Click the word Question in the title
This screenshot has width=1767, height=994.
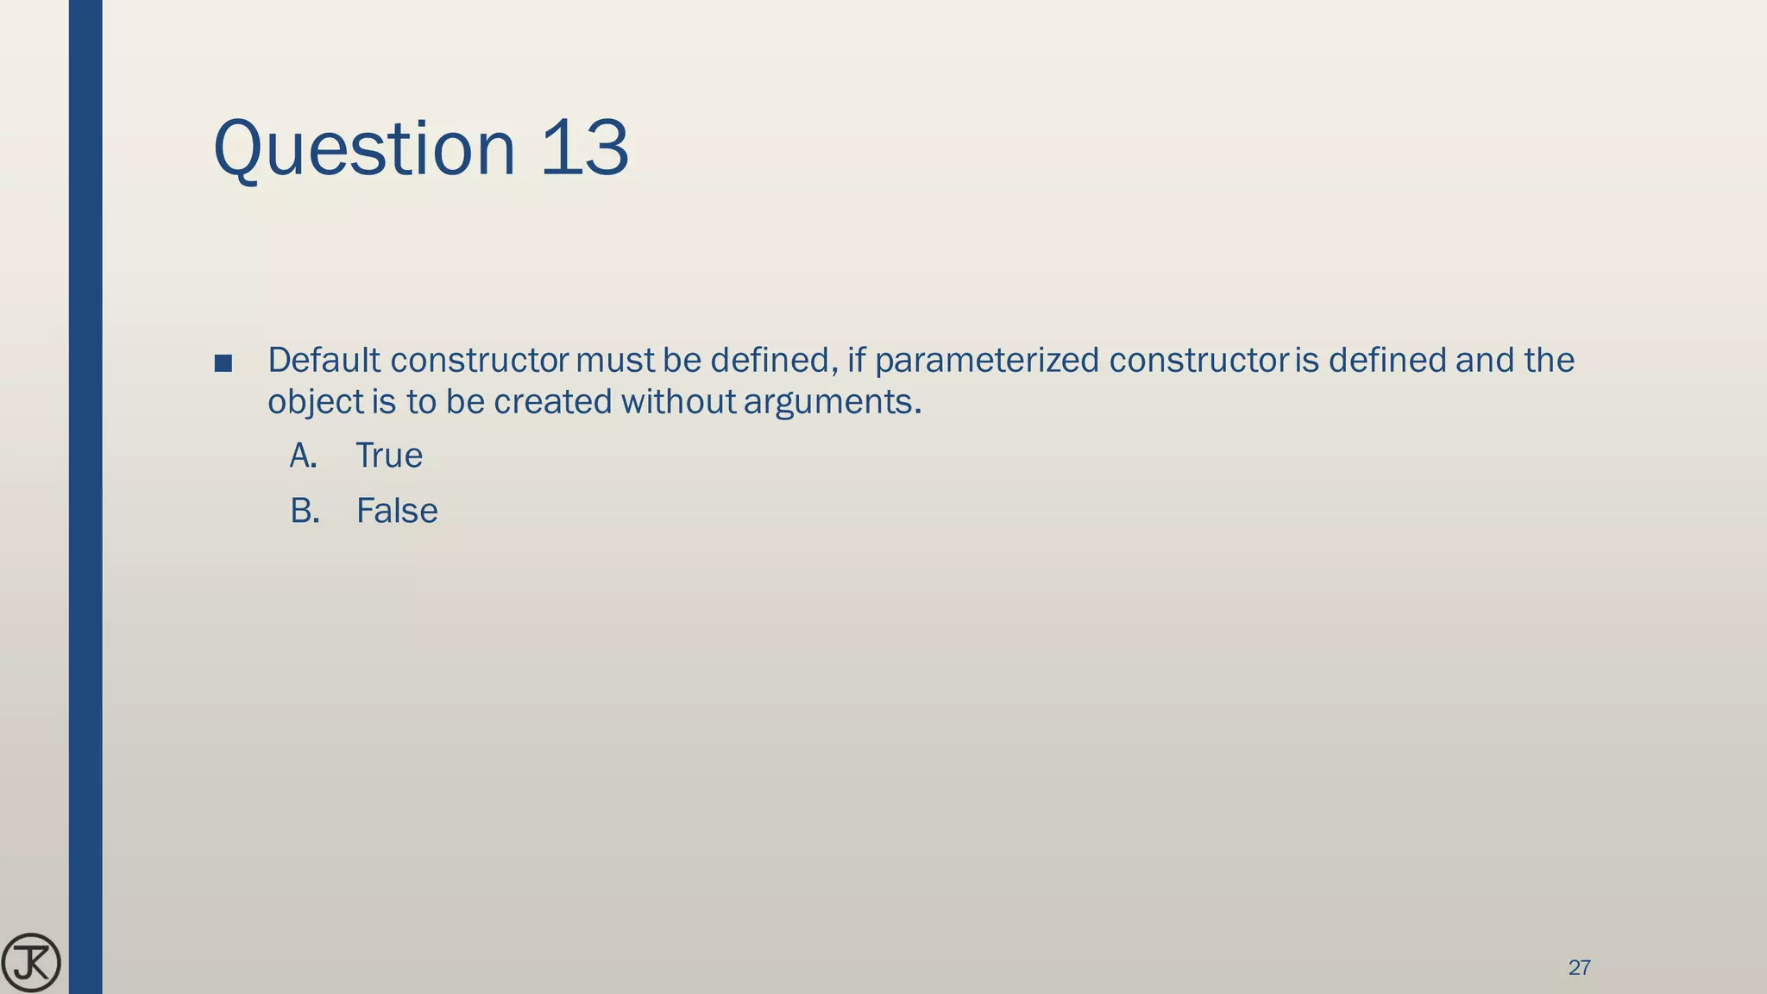coord(363,148)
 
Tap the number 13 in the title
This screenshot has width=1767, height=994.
coord(584,148)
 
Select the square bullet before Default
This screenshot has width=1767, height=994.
coord(223,363)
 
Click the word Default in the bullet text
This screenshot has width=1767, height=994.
coord(324,361)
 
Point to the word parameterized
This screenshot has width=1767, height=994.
coord(986,361)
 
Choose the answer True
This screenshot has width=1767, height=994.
coord(389,456)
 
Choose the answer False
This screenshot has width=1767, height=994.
coord(397,511)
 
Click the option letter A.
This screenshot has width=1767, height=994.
coord(303,456)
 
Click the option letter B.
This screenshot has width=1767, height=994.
coord(304,511)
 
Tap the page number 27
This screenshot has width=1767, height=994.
coord(1579,968)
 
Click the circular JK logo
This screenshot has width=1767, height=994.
coord(31,962)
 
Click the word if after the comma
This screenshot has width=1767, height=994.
coord(856,361)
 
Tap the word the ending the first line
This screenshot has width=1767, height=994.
coord(1549,361)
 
